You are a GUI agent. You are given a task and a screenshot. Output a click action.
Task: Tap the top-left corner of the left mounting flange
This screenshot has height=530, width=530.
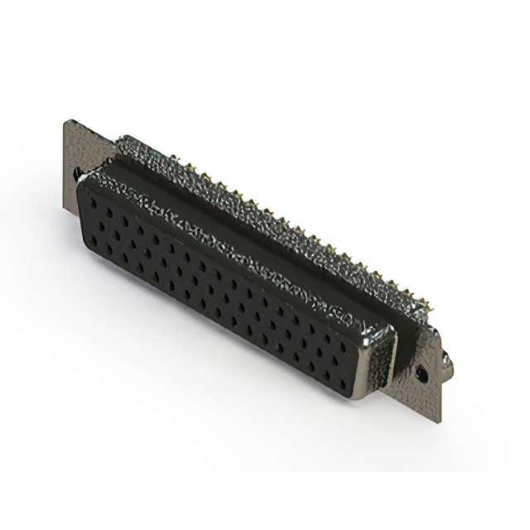[65, 121]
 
